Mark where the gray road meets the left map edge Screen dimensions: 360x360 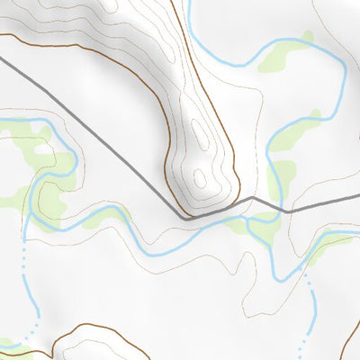click(2, 59)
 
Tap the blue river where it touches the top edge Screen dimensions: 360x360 click(190, 3)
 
